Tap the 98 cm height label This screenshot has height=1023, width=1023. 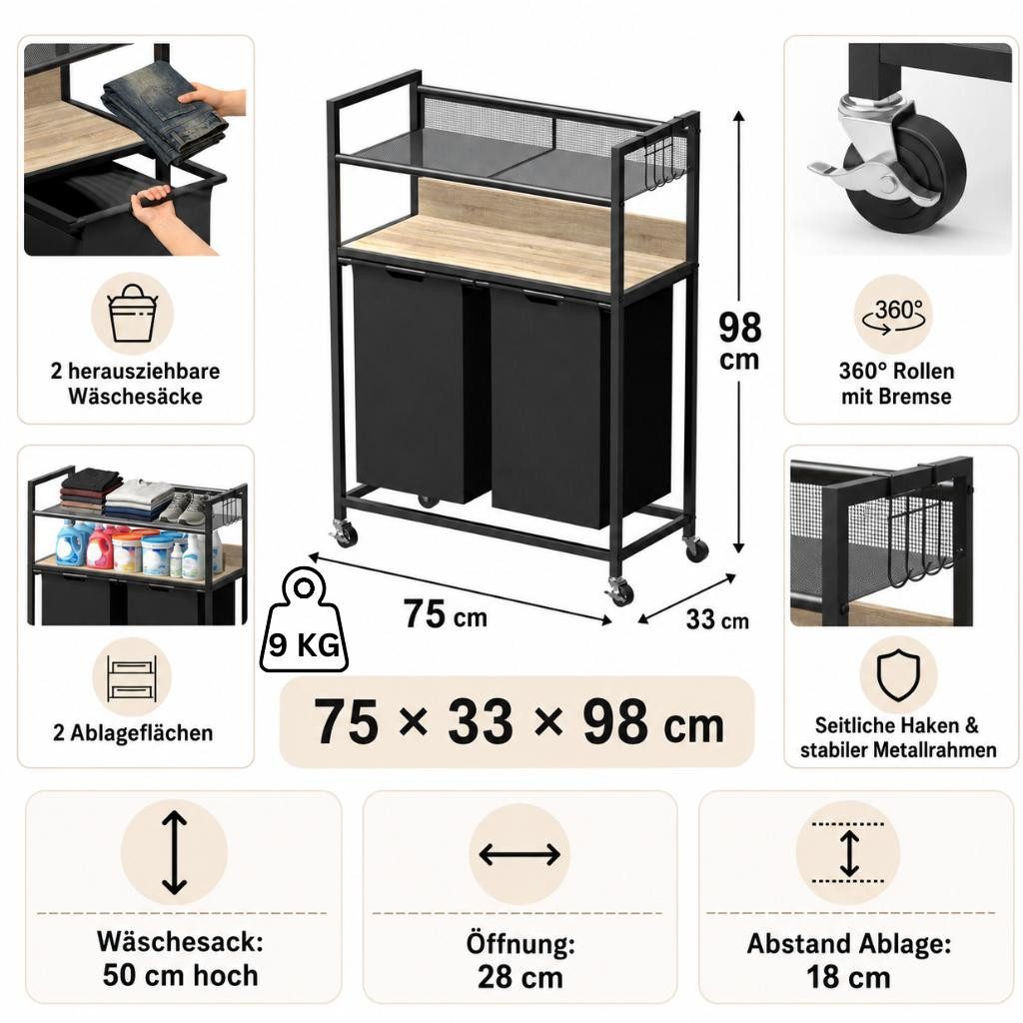click(x=740, y=341)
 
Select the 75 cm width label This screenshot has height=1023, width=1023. click(x=445, y=614)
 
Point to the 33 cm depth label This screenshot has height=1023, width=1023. click(x=717, y=619)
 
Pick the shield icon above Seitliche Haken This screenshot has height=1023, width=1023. click(x=898, y=675)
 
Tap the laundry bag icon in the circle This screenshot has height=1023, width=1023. click(x=133, y=313)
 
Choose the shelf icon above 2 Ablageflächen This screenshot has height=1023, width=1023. click(x=133, y=678)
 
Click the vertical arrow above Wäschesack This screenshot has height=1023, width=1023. click(x=174, y=853)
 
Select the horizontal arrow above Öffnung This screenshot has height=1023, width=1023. click(x=519, y=854)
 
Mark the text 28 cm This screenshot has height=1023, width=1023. click(x=519, y=977)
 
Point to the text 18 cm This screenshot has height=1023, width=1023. click(x=848, y=977)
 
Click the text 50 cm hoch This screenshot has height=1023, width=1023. click(x=180, y=975)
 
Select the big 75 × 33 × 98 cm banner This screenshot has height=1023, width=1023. click(x=516, y=721)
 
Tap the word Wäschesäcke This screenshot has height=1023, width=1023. click(x=135, y=397)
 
